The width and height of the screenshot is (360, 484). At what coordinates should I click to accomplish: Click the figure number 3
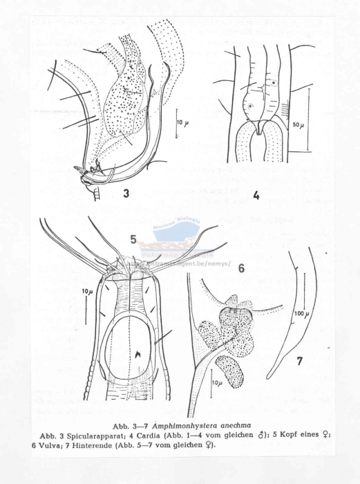click(x=126, y=194)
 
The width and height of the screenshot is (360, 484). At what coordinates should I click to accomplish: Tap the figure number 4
click(x=255, y=196)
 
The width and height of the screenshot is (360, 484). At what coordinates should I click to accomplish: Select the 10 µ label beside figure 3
click(x=182, y=122)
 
